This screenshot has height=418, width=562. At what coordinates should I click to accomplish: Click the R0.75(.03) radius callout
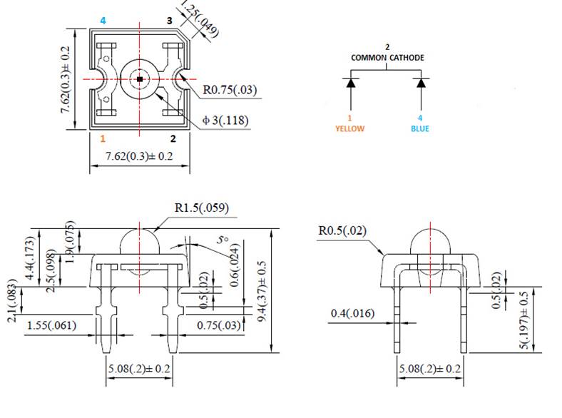click(230, 91)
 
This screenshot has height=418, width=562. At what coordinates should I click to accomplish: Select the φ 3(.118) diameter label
click(225, 121)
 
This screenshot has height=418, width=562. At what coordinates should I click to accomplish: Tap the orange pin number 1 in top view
click(103, 138)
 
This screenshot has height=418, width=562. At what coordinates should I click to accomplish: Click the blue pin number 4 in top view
click(103, 21)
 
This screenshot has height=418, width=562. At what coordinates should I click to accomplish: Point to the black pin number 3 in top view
click(169, 21)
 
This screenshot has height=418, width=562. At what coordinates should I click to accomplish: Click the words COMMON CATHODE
click(387, 57)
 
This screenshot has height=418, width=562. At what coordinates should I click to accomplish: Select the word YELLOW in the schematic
click(349, 129)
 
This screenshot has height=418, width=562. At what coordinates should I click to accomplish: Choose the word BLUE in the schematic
click(420, 129)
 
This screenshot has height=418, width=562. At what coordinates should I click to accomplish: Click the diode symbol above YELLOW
click(350, 83)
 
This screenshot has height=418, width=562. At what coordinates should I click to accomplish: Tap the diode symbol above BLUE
click(421, 83)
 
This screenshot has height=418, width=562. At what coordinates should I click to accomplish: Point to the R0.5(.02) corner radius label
click(344, 231)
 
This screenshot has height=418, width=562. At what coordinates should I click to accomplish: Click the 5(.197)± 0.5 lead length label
click(525, 319)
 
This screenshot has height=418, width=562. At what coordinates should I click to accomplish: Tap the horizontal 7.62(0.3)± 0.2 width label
click(139, 156)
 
